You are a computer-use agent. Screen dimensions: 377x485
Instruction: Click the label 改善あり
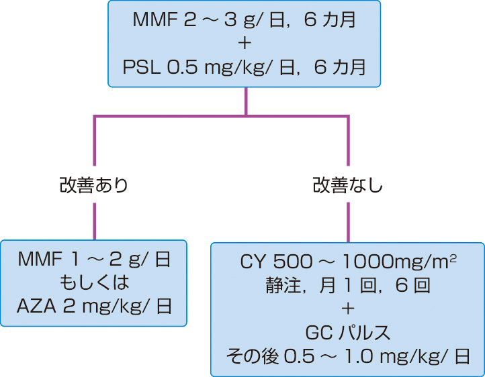(x=93, y=186)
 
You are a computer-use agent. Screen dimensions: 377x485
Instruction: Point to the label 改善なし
(x=348, y=186)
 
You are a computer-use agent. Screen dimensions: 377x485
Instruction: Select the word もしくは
(x=93, y=282)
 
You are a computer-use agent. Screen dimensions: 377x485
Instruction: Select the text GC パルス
(x=347, y=331)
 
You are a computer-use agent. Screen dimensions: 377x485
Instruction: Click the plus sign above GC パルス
(x=347, y=307)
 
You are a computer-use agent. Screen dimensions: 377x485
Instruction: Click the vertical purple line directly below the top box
(x=245, y=101)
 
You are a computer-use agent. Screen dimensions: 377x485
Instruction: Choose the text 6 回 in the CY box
(x=411, y=282)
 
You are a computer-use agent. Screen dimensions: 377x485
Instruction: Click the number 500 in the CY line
(x=295, y=259)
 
